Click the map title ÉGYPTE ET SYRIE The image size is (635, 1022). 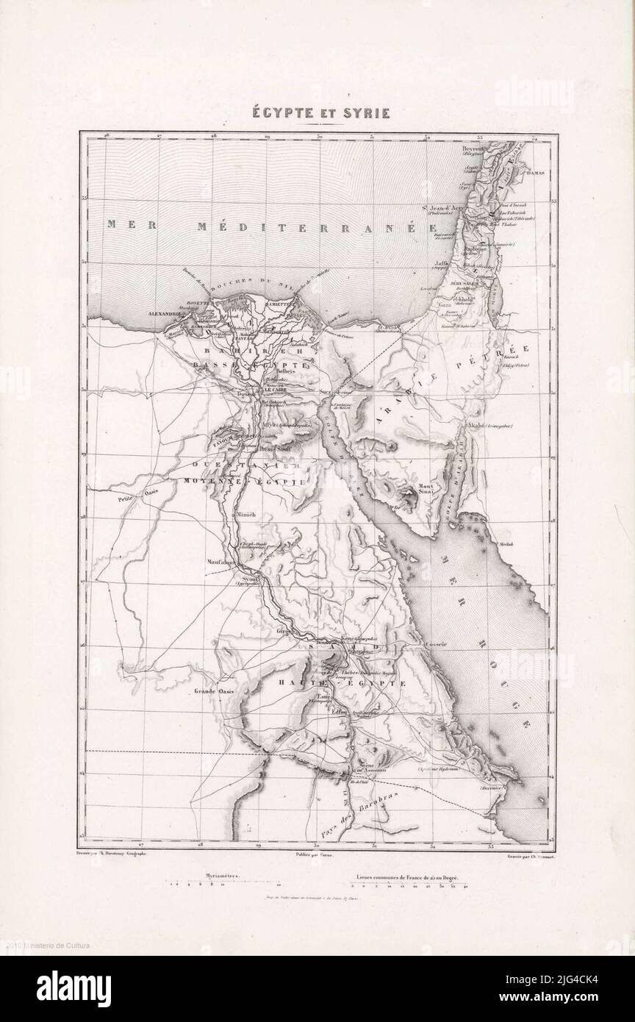[x=317, y=113]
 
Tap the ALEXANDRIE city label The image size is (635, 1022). [x=165, y=314]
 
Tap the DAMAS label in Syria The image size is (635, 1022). [x=539, y=174]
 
